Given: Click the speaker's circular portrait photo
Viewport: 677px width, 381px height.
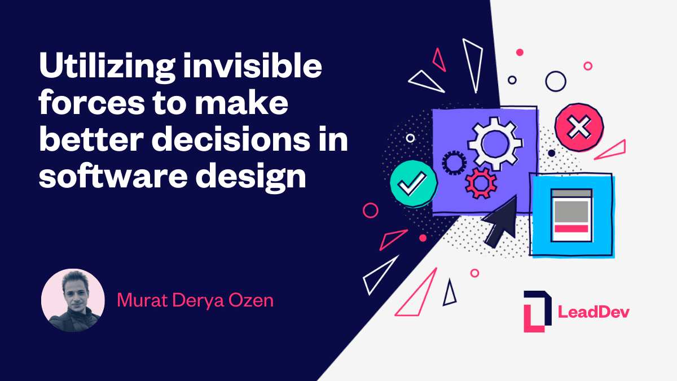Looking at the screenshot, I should pyautogui.click(x=73, y=300).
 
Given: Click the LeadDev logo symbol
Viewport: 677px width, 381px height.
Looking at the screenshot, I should pyautogui.click(x=534, y=311).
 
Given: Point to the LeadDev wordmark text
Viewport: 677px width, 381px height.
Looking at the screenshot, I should pyautogui.click(x=594, y=312).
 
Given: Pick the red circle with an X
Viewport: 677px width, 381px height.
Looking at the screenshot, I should pyautogui.click(x=578, y=128).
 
